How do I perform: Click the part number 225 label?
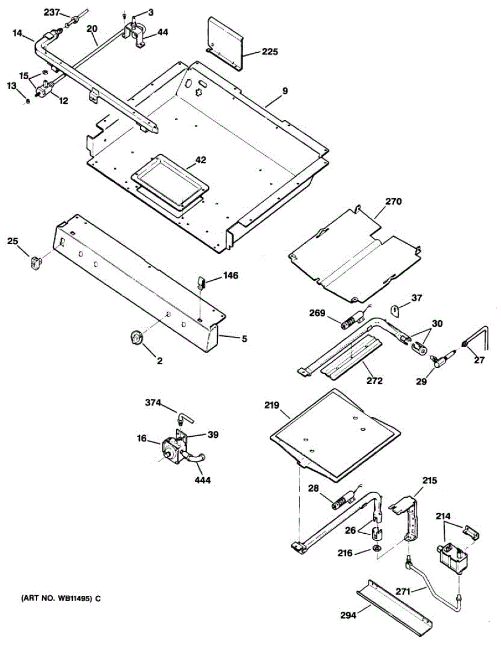pos(270,52)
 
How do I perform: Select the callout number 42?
pos(201,160)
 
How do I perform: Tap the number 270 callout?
pos(394,202)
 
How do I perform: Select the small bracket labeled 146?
pos(201,281)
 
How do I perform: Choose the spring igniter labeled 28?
pos(343,500)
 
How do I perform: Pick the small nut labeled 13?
pos(28,101)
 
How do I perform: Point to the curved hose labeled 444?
pos(196,460)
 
